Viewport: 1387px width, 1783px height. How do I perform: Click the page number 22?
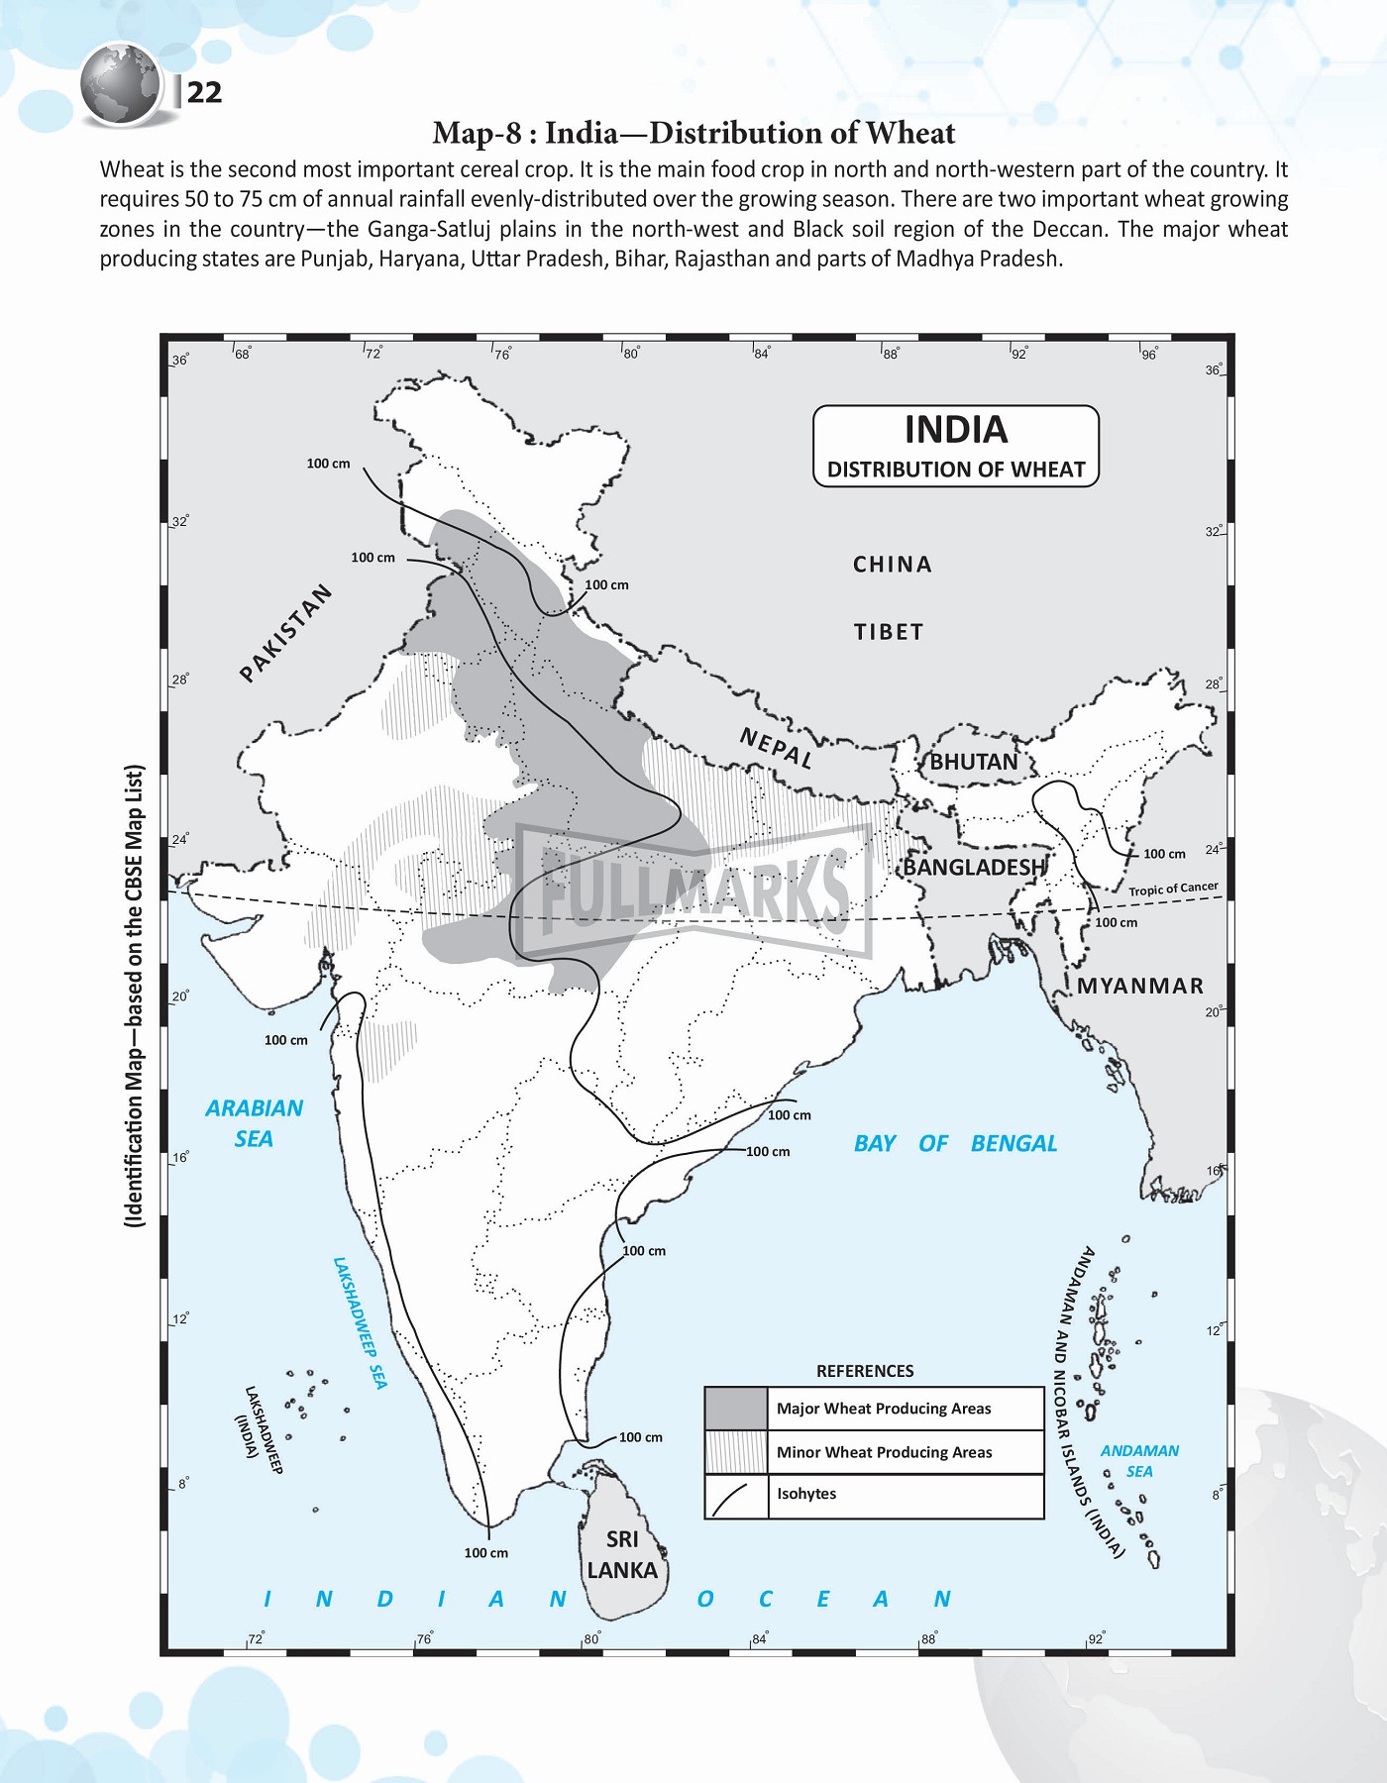pyautogui.click(x=204, y=93)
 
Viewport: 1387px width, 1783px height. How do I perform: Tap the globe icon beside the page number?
pyautogui.click(x=121, y=85)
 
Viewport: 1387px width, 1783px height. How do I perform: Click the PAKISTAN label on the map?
pyautogui.click(x=285, y=634)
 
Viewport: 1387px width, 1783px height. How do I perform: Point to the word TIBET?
pyautogui.click(x=889, y=632)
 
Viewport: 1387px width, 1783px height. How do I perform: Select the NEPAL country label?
pyautogui.click(x=777, y=748)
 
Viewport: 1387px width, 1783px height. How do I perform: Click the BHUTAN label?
pyautogui.click(x=973, y=762)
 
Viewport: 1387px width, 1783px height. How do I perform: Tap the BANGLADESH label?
pyautogui.click(x=975, y=867)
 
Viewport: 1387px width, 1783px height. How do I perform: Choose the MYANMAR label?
pyautogui.click(x=1140, y=986)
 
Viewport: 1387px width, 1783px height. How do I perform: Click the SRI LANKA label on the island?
pyautogui.click(x=622, y=1554)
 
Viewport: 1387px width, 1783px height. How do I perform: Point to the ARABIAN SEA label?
pyautogui.click(x=254, y=1122)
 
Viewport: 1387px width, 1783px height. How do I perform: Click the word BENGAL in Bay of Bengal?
pyautogui.click(x=1014, y=1143)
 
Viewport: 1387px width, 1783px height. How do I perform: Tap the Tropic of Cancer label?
pyautogui.click(x=1173, y=890)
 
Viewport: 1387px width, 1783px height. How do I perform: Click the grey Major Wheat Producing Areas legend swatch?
pyautogui.click(x=736, y=1409)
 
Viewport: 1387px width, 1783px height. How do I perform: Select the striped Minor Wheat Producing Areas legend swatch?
pyautogui.click(x=736, y=1452)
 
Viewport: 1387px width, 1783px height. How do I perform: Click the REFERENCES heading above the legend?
pyautogui.click(x=865, y=1371)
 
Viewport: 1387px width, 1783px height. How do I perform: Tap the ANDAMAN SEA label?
pyautogui.click(x=1139, y=1460)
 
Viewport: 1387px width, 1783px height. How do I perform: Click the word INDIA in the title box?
pyautogui.click(x=956, y=430)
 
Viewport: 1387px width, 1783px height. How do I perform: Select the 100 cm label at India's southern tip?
pyautogui.click(x=485, y=1552)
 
